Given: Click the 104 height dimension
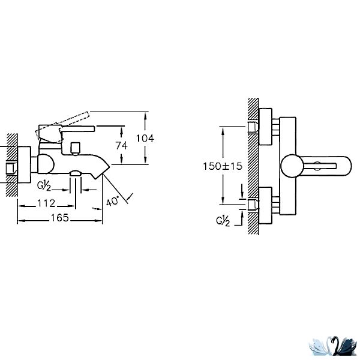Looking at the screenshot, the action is coord(145,139).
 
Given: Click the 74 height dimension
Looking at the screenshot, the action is coord(121,146).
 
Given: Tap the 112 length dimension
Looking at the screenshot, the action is coord(46,203).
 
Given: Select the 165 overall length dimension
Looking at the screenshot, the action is coord(59,218).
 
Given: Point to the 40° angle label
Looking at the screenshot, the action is coord(113,202).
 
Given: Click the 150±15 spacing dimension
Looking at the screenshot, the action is coord(223,166).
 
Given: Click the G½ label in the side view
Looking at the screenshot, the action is coord(44,186).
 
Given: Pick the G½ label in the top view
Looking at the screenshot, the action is coord(223,221).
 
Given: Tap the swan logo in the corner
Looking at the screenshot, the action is coord(332,346).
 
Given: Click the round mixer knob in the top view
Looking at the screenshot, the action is coord(292,166).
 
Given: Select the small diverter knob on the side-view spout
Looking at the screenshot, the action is coord(76,149).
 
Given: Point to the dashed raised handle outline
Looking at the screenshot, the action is coord(62,127).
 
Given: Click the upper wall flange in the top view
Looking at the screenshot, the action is coord(265,127).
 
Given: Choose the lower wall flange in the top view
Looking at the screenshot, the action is coord(265,205).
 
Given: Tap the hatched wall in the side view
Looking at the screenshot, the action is coord(12,165).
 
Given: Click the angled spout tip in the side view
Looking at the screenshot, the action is coord(100,170).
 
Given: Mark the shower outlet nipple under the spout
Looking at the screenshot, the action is coord(76,173).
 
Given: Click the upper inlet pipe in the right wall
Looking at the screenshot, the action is coord(253,127).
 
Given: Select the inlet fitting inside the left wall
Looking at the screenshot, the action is coord(11,169).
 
